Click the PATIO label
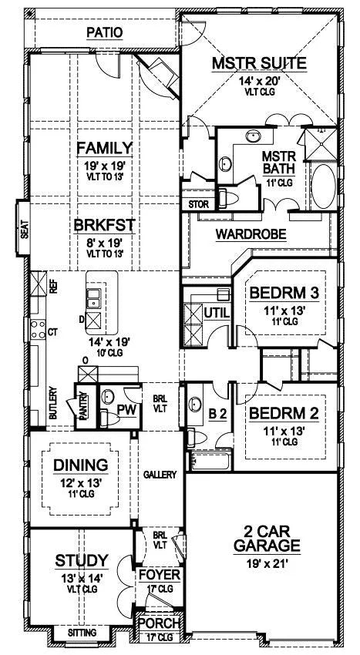pyautogui.click(x=105, y=32)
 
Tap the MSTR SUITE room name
pyautogui.click(x=259, y=63)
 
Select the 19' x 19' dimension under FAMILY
pyautogui.click(x=105, y=166)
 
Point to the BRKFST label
pyautogui.click(x=105, y=226)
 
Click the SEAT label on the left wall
pyautogui.click(x=24, y=229)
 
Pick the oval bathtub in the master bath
pyautogui.click(x=324, y=186)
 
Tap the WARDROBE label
pyautogui.click(x=251, y=234)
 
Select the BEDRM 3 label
pyautogui.click(x=284, y=294)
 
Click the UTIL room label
pyautogui.click(x=217, y=312)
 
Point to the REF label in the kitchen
pyautogui.click(x=53, y=286)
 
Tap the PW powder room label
pyautogui.click(x=127, y=410)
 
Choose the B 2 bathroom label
pyautogui.click(x=217, y=415)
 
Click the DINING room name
pyautogui.click(x=81, y=465)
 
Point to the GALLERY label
pyautogui.click(x=160, y=475)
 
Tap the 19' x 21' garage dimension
pyautogui.click(x=267, y=564)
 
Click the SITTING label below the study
pyautogui.click(x=82, y=633)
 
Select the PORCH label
pyautogui.click(x=160, y=623)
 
